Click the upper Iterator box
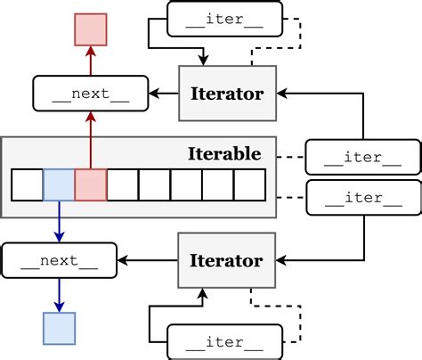tap(228, 93)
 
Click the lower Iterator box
tap(228, 260)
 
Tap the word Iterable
tap(224, 154)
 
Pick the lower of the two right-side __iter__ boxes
tap(363, 197)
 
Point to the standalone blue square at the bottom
tap(59, 328)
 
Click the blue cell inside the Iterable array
tap(59, 185)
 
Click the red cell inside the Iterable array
tap(91, 185)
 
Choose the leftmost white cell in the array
tap(27, 185)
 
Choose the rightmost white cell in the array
tap(250, 185)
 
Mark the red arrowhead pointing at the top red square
tap(91, 52)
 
